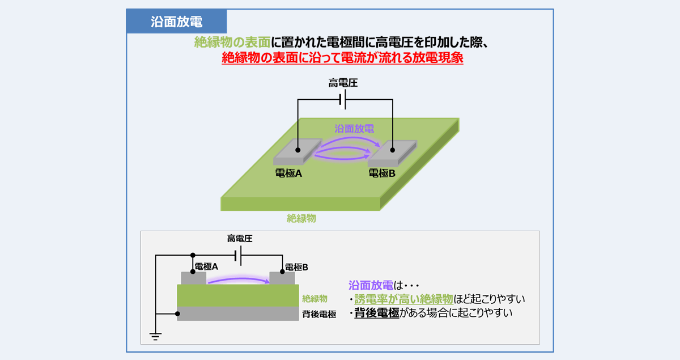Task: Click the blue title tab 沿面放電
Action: point(177,22)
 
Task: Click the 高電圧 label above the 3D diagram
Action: point(343,83)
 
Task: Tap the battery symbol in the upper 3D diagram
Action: point(342,101)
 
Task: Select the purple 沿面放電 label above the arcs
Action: point(354,129)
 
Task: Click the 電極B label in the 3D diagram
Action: point(382,173)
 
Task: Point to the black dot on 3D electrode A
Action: point(298,150)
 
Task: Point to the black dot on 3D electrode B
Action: point(392,150)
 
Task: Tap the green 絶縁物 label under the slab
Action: point(301,218)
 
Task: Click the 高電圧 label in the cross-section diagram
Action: point(239,239)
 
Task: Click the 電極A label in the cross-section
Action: point(207,266)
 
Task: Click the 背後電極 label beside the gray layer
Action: point(319,314)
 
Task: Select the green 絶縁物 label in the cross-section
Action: point(314,298)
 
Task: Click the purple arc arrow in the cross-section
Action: point(238,279)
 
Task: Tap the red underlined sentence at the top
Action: point(342,58)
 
